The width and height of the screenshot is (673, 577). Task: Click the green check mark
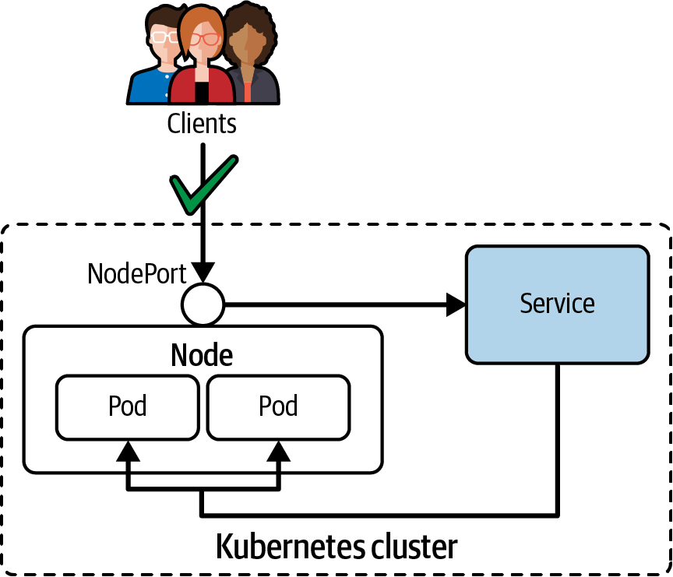[201, 187]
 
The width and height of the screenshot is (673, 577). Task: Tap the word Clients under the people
[202, 122]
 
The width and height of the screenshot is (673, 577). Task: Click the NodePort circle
[203, 303]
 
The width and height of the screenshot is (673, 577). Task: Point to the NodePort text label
[136, 273]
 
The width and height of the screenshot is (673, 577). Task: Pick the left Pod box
[128, 406]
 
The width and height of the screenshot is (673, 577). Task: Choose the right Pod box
[278, 406]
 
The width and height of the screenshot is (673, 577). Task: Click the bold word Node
[202, 355]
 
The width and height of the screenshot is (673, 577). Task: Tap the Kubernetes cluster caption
[336, 546]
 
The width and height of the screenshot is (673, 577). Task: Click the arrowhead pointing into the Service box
[455, 304]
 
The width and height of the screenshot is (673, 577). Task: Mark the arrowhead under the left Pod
[128, 451]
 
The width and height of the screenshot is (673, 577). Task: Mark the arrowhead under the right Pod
[278, 451]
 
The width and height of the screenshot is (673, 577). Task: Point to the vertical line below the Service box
[557, 436]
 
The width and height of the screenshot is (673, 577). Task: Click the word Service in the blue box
[557, 303]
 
